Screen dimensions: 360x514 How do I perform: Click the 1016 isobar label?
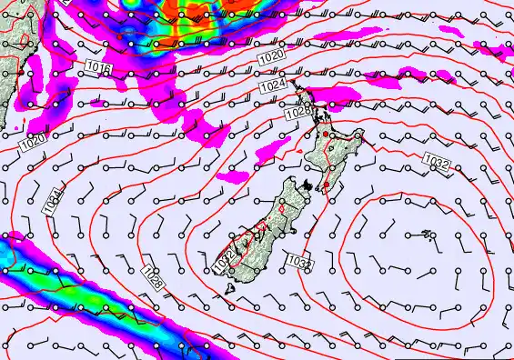(x=99, y=68)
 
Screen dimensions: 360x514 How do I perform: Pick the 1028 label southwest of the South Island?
(x=154, y=276)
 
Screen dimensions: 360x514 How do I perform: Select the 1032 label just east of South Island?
(x=299, y=261)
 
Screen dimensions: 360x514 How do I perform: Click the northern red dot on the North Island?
(x=322, y=135)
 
